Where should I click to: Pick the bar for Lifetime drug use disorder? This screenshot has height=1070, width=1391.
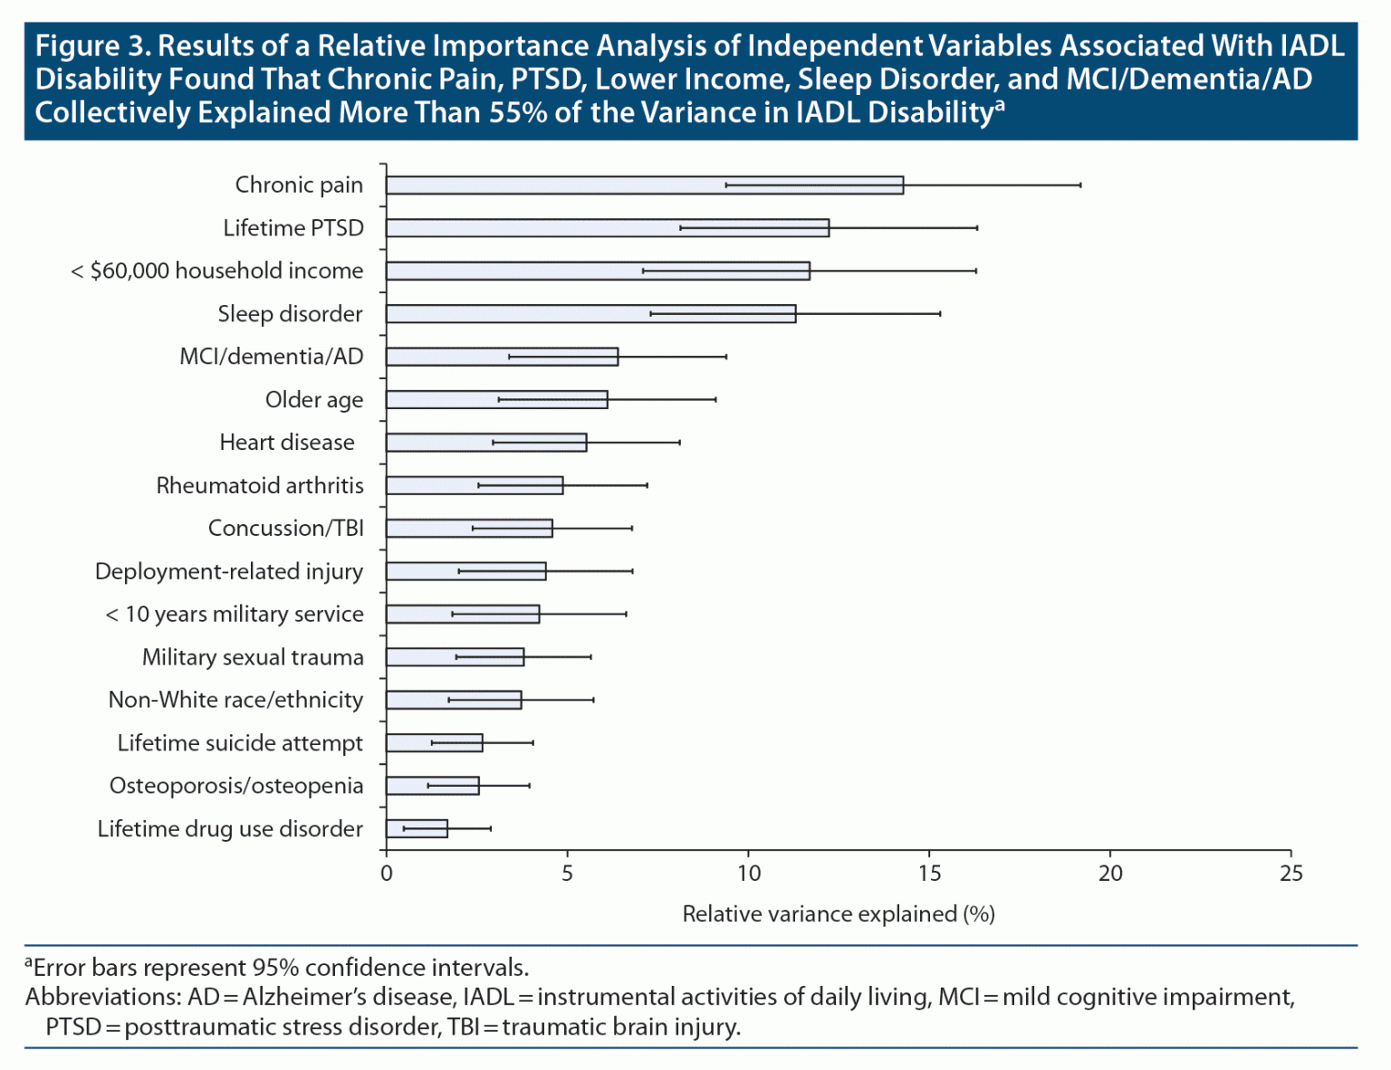coord(417,828)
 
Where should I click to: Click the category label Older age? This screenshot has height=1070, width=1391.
coord(314,400)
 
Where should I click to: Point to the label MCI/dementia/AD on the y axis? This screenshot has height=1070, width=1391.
coord(272,357)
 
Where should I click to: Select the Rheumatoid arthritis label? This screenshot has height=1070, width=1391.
coord(260,486)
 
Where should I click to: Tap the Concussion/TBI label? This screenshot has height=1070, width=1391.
coord(286,529)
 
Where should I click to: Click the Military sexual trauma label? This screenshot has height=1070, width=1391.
coord(253,657)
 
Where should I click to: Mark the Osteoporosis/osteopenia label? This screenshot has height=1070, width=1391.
coord(236,786)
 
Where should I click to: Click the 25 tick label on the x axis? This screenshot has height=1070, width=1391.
coord(1291,874)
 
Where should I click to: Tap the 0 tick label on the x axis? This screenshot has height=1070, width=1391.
coord(387,874)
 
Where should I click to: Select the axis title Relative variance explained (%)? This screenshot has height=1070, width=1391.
coord(839,914)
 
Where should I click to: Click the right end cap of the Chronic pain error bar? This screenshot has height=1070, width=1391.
coord(1080,185)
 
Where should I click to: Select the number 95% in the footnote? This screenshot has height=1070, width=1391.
coord(277,968)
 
